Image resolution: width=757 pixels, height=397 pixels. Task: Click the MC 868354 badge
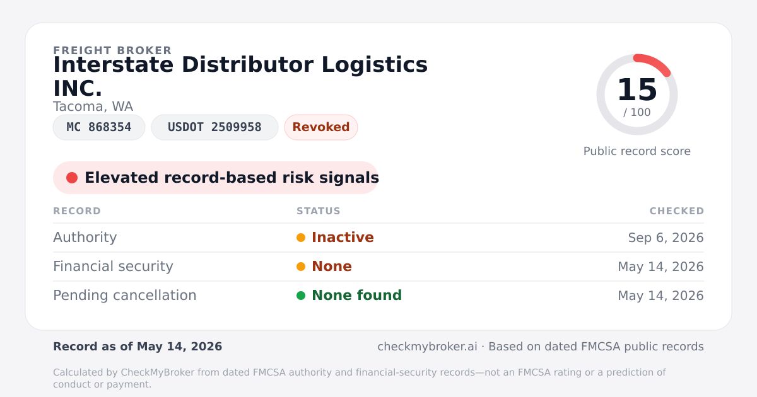point(99,127)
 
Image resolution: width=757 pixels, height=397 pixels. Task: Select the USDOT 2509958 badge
point(214,127)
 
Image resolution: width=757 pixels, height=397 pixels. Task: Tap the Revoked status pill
point(321,127)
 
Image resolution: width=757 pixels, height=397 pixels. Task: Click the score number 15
point(637,89)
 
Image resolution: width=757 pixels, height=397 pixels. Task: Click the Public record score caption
point(637,151)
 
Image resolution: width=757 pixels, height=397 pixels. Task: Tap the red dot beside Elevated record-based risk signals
point(72,178)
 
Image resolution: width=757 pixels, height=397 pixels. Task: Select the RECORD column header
point(77,211)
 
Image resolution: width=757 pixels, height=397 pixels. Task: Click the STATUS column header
point(319,211)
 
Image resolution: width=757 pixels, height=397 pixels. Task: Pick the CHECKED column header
point(677,211)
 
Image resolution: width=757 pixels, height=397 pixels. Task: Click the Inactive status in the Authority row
point(343,238)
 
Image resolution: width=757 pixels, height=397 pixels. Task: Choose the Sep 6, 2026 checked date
point(666,238)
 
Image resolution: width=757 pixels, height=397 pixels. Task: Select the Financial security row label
point(113,267)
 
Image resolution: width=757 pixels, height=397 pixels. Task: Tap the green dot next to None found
point(301,296)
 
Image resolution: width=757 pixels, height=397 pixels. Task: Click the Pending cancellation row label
point(125,296)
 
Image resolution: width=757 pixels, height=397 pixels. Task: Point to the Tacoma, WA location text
point(93,106)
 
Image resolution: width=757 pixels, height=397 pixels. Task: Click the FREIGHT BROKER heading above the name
point(112,50)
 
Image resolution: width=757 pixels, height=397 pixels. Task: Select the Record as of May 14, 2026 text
point(138,347)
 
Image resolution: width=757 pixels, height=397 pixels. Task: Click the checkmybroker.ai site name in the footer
point(427,347)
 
